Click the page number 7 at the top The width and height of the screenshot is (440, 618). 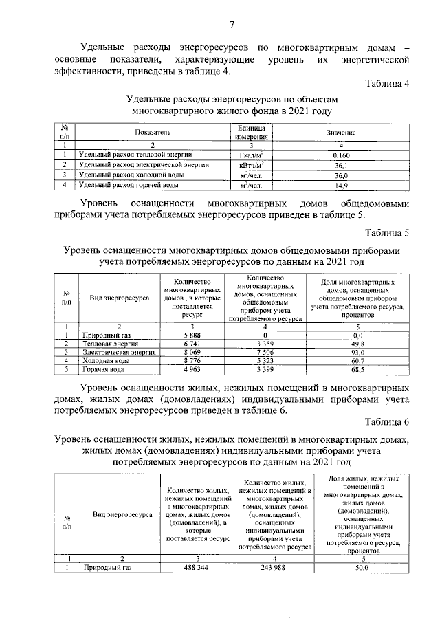coord(232,25)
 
